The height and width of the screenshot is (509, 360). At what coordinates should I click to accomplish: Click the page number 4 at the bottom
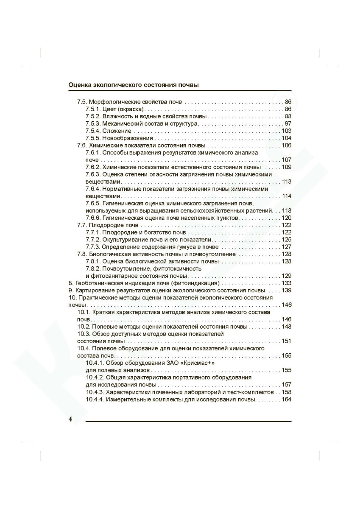(70, 419)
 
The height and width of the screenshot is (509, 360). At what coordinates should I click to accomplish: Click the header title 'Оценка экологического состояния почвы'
(134, 85)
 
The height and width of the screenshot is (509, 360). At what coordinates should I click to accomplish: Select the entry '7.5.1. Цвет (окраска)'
(115, 109)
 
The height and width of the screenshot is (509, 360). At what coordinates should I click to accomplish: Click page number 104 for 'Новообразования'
(286, 138)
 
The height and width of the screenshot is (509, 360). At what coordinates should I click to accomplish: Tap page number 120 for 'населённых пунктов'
(286, 218)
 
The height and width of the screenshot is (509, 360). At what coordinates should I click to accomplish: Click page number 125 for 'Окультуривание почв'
(286, 240)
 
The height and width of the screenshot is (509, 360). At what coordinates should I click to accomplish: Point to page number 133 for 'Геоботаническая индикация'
(286, 283)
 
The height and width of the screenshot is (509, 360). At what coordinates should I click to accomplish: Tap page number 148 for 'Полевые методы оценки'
(286, 327)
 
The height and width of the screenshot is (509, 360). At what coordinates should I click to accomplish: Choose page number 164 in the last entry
(286, 400)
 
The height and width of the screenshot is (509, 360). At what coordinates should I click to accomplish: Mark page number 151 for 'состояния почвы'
(286, 341)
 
